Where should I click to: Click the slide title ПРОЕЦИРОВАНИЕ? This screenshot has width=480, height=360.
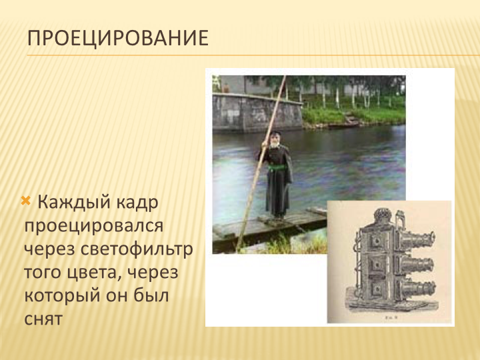point(118,39)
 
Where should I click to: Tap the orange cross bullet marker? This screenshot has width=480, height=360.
point(26,201)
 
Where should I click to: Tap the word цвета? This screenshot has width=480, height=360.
point(94,273)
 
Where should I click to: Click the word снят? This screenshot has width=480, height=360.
point(43,319)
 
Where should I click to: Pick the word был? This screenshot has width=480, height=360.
point(151,295)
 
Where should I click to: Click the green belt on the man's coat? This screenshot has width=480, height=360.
point(277,167)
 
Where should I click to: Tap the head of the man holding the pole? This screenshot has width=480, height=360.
point(275,139)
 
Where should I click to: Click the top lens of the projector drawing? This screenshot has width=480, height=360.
point(416,240)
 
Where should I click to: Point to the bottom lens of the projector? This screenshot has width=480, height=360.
point(416,289)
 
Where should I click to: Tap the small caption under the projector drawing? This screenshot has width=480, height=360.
point(391,317)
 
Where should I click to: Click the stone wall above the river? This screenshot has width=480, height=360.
point(257,113)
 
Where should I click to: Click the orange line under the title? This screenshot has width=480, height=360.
point(253,55)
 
